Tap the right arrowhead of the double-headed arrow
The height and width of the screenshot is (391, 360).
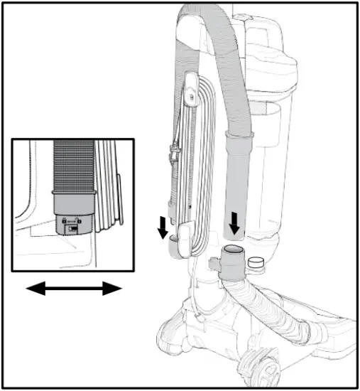coord(114,288)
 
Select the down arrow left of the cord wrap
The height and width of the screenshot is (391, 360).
coord(163,227)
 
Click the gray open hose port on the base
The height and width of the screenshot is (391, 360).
coord(232,254)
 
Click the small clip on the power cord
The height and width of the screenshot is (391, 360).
coord(173,152)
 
